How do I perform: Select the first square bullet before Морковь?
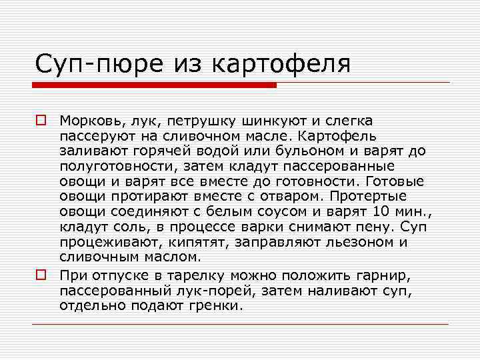(41, 121)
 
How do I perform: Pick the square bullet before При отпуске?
(41, 274)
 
